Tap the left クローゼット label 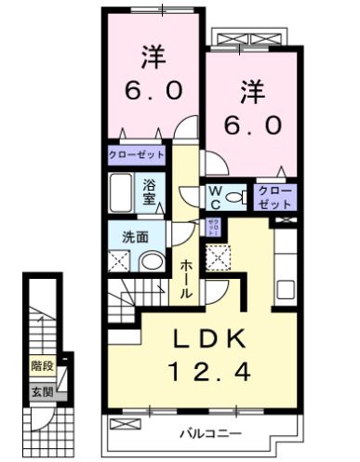pyautogui.click(x=135, y=154)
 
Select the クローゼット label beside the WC pyautogui.click(x=275, y=196)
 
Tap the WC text pyautogui.click(x=214, y=196)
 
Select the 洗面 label pyautogui.click(x=137, y=237)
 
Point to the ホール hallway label pyautogui.click(x=186, y=278)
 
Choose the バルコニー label pyautogui.click(x=210, y=434)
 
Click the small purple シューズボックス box pyautogui.click(x=213, y=226)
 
